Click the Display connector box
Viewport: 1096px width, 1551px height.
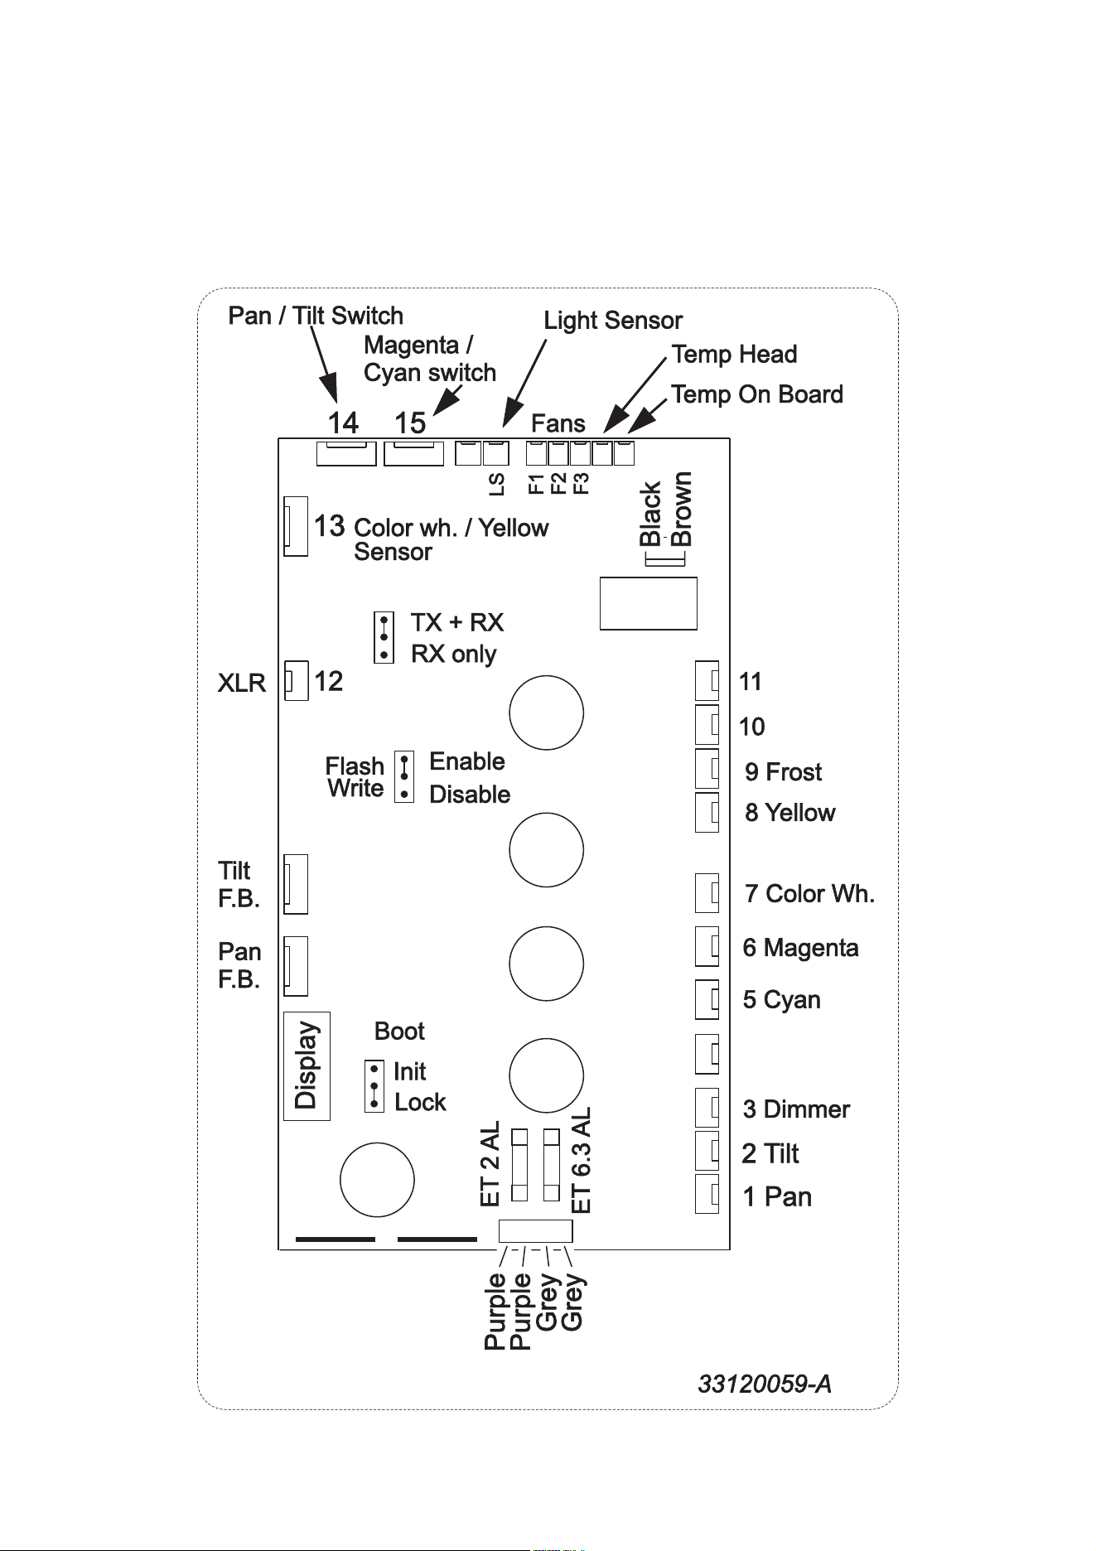click(x=307, y=1066)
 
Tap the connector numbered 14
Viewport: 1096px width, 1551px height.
click(x=346, y=453)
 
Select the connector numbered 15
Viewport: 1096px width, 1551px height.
click(x=413, y=453)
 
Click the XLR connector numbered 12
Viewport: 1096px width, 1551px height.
click(x=296, y=680)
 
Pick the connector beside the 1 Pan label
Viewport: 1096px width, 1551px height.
click(x=707, y=1194)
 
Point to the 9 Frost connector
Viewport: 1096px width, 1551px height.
click(x=707, y=768)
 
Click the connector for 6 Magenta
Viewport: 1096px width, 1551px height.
click(x=707, y=946)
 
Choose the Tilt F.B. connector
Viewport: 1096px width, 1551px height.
click(x=296, y=884)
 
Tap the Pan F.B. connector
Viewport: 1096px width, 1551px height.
click(x=296, y=966)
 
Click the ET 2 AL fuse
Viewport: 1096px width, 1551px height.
click(x=520, y=1164)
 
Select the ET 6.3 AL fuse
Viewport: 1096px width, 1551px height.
click(x=551, y=1164)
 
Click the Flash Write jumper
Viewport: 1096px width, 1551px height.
click(x=404, y=777)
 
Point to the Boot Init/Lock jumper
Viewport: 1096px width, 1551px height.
click(x=374, y=1086)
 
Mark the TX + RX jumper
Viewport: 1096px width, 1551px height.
click(x=384, y=637)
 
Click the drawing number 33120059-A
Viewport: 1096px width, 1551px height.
click(x=765, y=1384)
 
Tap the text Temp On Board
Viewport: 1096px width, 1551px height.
click(x=757, y=394)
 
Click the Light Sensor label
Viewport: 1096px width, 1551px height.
click(x=613, y=321)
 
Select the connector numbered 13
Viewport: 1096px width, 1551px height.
click(x=296, y=526)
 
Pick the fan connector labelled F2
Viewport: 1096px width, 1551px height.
click(x=558, y=453)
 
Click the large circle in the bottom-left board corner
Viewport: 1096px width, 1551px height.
click(x=378, y=1180)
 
